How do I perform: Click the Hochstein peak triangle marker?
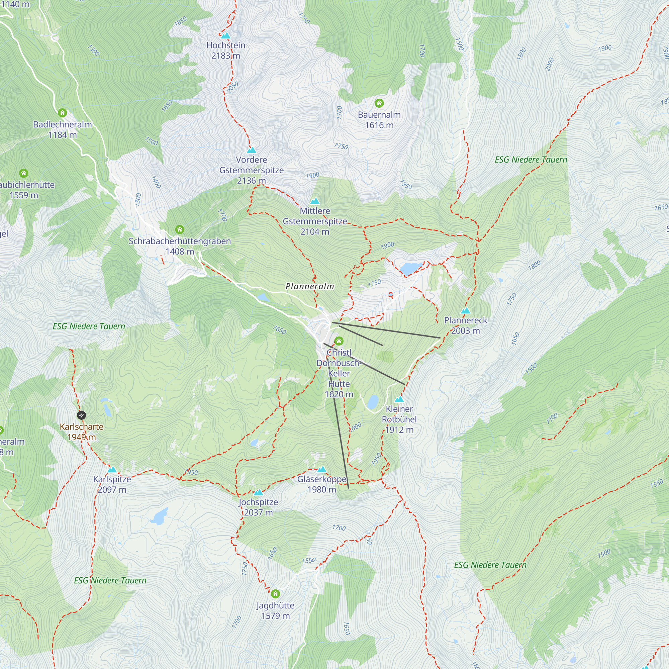tap(226, 35)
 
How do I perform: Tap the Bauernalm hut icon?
tap(379, 103)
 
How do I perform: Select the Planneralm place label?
tap(310, 286)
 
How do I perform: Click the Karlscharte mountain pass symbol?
tap(81, 415)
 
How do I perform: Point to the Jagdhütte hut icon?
tap(275, 594)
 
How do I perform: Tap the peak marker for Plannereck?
tap(466, 310)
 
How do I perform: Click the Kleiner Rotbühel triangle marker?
tap(399, 399)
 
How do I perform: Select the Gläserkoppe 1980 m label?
tap(322, 484)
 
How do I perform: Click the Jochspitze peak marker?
tap(258, 492)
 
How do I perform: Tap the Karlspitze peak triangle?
tap(112, 470)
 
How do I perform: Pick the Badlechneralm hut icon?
tap(62, 113)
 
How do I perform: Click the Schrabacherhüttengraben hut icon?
tap(179, 229)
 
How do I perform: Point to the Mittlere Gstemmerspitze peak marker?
tap(315, 201)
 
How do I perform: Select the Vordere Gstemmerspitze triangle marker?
tap(252, 150)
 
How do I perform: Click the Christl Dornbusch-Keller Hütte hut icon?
tap(339, 341)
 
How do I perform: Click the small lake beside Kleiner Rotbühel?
tap(373, 402)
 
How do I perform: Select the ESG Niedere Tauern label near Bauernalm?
tap(531, 160)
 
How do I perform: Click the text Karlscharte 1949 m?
tap(82, 432)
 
